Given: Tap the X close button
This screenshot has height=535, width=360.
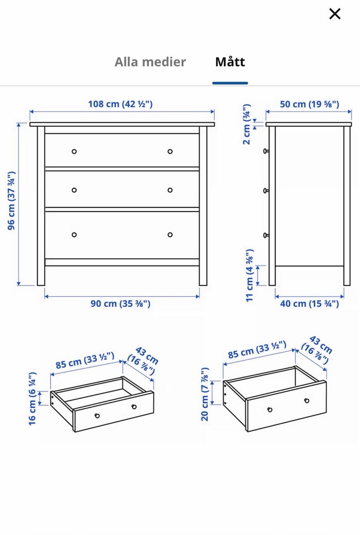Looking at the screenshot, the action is [335, 14].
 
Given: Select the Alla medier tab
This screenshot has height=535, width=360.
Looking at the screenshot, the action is [150, 62].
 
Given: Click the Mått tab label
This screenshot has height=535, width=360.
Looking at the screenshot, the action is [230, 62].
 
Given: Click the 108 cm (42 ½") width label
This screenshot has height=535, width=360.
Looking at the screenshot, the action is [120, 104].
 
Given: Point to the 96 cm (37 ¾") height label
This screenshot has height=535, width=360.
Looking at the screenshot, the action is [11, 201].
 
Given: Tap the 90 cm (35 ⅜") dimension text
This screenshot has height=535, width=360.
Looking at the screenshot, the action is [120, 304].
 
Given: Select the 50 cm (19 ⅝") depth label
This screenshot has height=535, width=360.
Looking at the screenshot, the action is [309, 104].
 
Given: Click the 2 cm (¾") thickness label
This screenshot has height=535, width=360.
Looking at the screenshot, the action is [246, 124].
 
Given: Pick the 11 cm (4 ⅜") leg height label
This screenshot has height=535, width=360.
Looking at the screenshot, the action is [249, 275].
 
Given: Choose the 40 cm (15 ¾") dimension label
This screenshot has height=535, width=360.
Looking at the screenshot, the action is [309, 304].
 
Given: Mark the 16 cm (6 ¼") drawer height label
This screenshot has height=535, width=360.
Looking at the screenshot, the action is [32, 398].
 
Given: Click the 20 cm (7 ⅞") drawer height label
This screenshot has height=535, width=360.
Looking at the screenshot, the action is [205, 394].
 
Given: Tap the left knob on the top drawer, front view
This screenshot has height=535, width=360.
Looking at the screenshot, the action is [74, 152].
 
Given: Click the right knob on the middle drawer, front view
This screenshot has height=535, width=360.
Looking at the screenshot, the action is [170, 190].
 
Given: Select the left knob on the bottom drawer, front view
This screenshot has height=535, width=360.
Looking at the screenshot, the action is [74, 235].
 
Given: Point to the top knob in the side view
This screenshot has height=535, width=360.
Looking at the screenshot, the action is [266, 151].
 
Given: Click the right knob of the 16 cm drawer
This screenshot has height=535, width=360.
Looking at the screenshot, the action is [134, 407].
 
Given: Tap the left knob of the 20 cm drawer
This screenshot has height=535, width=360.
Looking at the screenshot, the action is [270, 410].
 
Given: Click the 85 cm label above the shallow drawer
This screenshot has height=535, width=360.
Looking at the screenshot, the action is [85, 360].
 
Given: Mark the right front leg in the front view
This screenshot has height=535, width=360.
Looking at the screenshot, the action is [203, 206].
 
